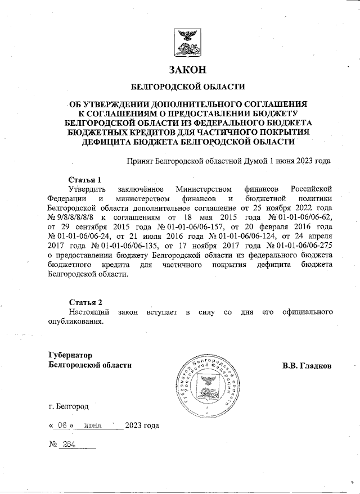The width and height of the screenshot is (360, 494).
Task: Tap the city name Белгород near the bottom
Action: (73, 405)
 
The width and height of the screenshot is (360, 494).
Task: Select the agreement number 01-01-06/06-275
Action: (305, 247)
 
